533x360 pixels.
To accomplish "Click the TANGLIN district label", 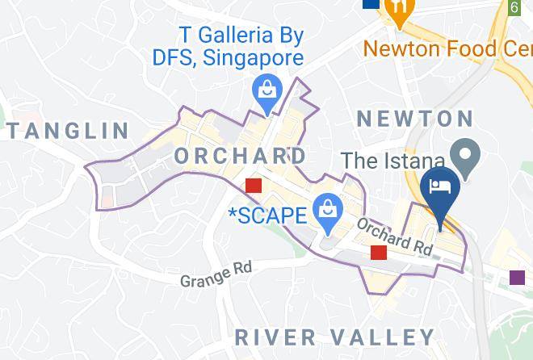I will pos(68,130).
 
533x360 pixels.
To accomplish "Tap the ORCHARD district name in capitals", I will pos(240,155).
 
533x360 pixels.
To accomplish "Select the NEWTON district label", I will pos(415,119).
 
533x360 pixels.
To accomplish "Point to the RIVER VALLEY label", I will pos(334,337).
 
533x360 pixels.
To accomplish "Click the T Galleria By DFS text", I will pos(230,47).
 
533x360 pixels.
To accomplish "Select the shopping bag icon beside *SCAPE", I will pos(327,209).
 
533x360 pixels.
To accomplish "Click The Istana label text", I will pos(393,160).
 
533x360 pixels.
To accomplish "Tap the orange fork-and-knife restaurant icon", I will pos(398,11).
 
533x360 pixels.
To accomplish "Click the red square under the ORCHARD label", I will pos(254,186).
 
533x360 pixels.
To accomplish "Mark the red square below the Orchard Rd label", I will pos(379,253).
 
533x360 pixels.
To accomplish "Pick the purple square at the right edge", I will pos(517,278).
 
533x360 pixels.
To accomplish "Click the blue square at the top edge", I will pos(371,3).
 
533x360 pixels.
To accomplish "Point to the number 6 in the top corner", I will pos(514,7).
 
